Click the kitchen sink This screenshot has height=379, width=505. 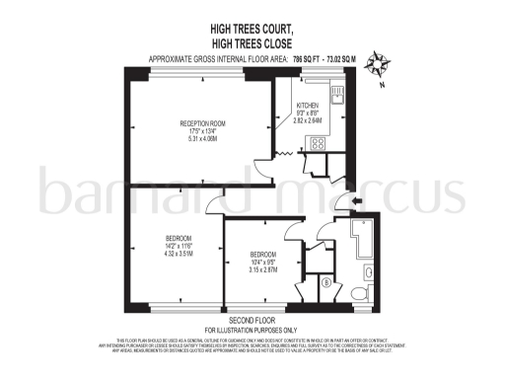click(x=336, y=96)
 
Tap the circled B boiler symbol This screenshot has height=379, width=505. click(x=325, y=283)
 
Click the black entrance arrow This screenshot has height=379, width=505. click(x=356, y=201)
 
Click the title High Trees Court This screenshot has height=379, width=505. click(x=252, y=32)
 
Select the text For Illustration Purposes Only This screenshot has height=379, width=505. click(x=251, y=330)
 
